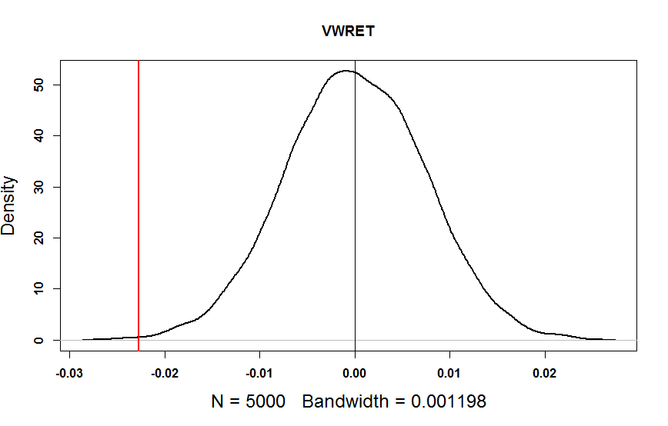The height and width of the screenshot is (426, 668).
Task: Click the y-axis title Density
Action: pos(8,205)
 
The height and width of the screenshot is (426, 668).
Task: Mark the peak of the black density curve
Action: pos(346,71)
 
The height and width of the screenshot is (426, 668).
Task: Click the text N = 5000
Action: pos(248,401)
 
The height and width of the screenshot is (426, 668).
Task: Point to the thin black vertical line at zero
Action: pos(355,231)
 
